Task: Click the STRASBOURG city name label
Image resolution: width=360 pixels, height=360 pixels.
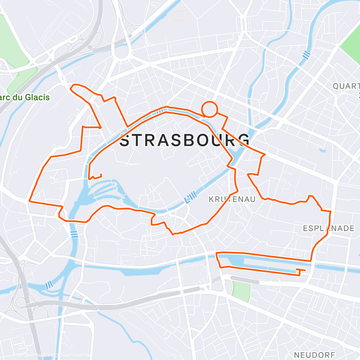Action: coord(184,140)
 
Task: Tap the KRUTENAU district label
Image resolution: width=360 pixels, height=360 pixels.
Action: coord(232,199)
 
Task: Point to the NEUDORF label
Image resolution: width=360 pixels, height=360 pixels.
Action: coord(314,355)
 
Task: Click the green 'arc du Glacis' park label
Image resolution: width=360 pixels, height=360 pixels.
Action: coord(25,97)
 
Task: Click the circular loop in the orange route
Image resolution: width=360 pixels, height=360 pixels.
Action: coord(209,109)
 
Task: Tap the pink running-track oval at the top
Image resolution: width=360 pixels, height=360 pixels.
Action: coord(180,15)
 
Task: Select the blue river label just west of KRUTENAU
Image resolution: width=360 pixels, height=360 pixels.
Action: coord(191,197)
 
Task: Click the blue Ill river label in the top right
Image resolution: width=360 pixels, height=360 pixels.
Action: coord(306,55)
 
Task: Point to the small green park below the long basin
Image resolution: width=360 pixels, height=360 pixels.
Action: coord(241,292)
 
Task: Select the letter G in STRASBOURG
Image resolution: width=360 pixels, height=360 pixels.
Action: coord(243,140)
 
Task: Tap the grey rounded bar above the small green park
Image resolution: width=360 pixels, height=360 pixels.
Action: coord(244,280)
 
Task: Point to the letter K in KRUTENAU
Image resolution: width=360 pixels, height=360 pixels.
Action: coord(211,199)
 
